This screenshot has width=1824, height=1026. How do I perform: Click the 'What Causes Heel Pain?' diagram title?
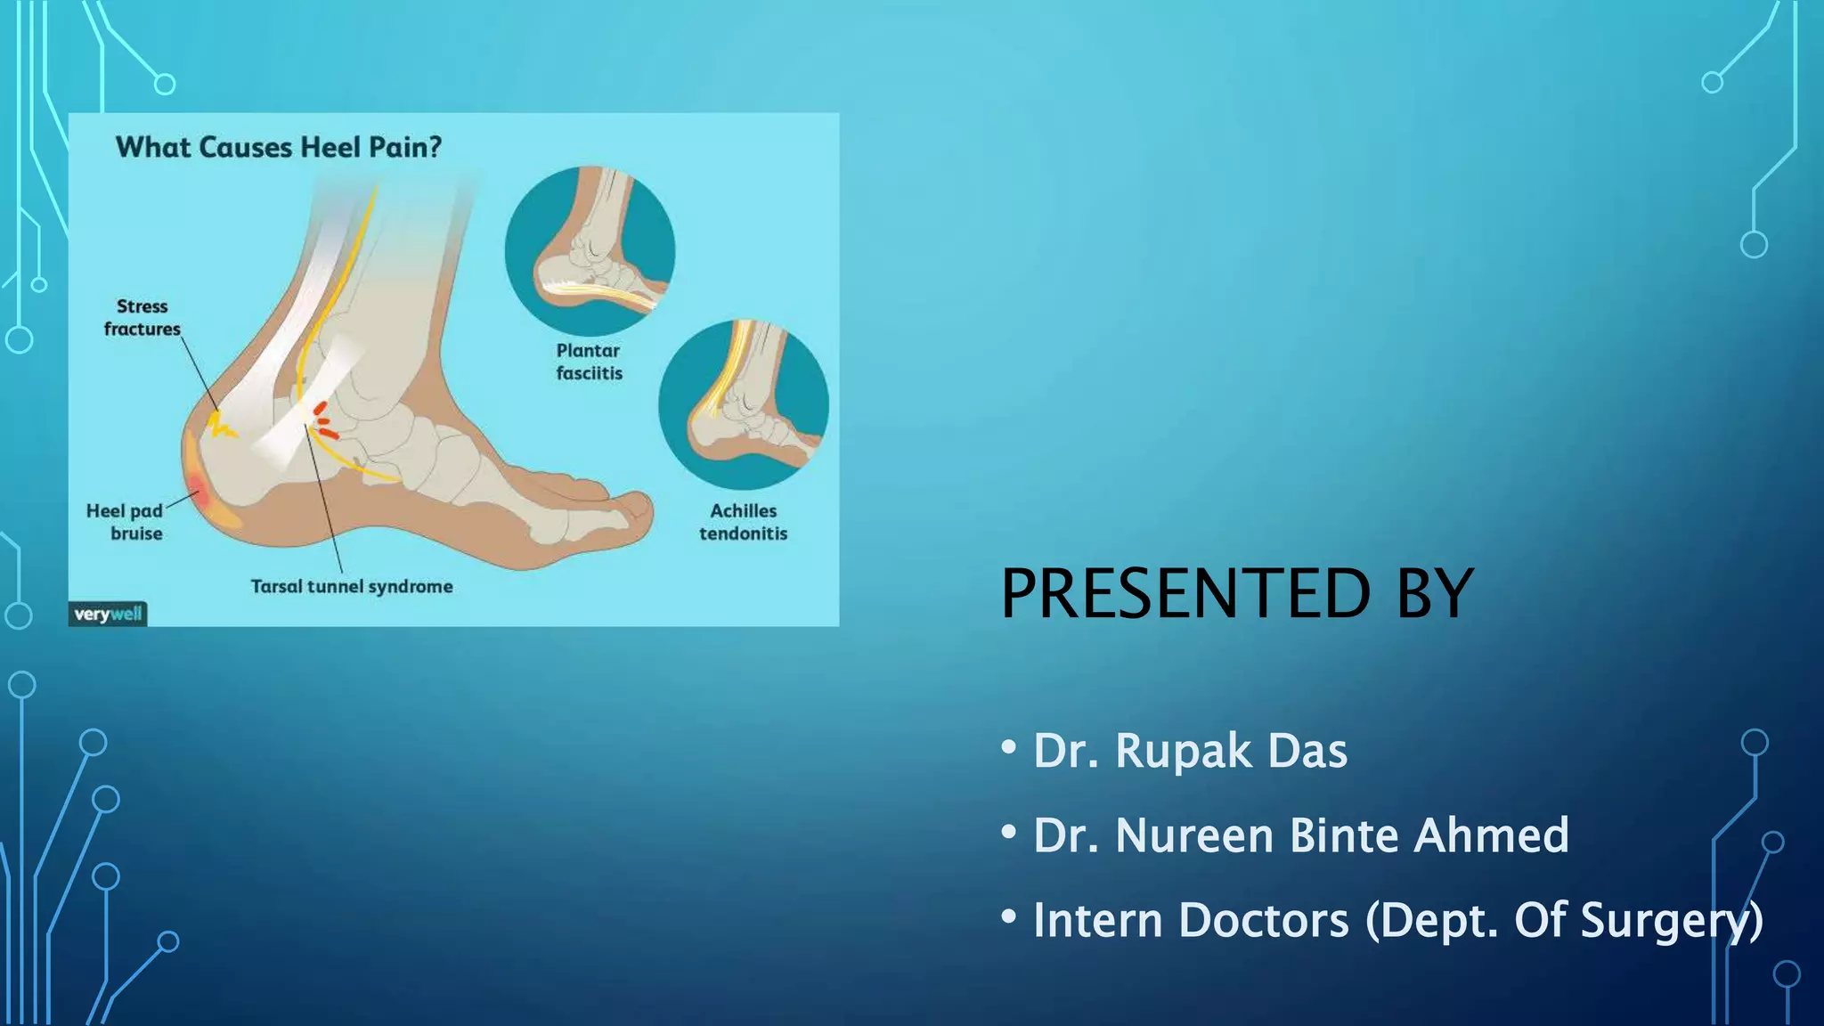coord(279,147)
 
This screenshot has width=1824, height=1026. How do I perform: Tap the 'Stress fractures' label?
coord(142,318)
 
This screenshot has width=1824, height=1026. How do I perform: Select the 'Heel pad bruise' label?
coord(125,522)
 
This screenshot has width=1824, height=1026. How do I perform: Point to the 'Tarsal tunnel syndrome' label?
coord(352,587)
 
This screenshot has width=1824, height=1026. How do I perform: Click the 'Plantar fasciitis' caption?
coord(589,362)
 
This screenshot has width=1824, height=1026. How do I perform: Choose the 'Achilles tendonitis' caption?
coord(744,522)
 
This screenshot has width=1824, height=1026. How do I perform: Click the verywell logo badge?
coord(108,614)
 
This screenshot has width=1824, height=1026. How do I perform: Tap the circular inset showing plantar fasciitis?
coord(590,251)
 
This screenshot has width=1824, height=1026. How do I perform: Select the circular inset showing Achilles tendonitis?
coord(744,405)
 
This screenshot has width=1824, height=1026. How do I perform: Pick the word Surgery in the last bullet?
coord(1671,920)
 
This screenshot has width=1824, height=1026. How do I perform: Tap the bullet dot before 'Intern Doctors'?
coord(1008,916)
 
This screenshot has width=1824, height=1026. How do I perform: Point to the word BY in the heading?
coord(1435,594)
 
